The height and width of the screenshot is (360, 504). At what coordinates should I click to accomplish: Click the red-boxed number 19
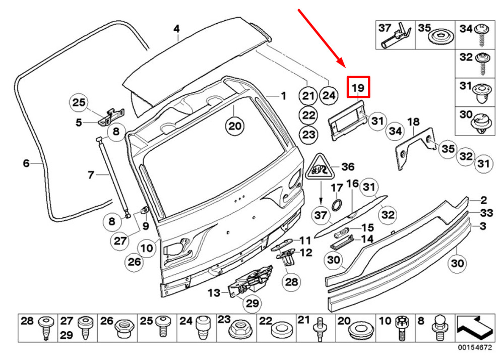pos(358,88)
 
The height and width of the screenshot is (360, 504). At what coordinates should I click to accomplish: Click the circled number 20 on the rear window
pos(234,126)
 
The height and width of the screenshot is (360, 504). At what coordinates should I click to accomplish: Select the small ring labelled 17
pos(336,204)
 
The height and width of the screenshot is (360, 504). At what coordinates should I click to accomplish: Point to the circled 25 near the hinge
pos(78,103)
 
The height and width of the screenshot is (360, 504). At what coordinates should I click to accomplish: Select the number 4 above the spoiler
pos(176,29)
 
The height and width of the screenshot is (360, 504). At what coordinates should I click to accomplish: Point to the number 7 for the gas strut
pos(91,175)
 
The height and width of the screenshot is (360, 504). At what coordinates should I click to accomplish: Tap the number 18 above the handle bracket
pos(413,122)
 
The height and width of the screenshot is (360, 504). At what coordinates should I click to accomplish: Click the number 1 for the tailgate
pos(283,95)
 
